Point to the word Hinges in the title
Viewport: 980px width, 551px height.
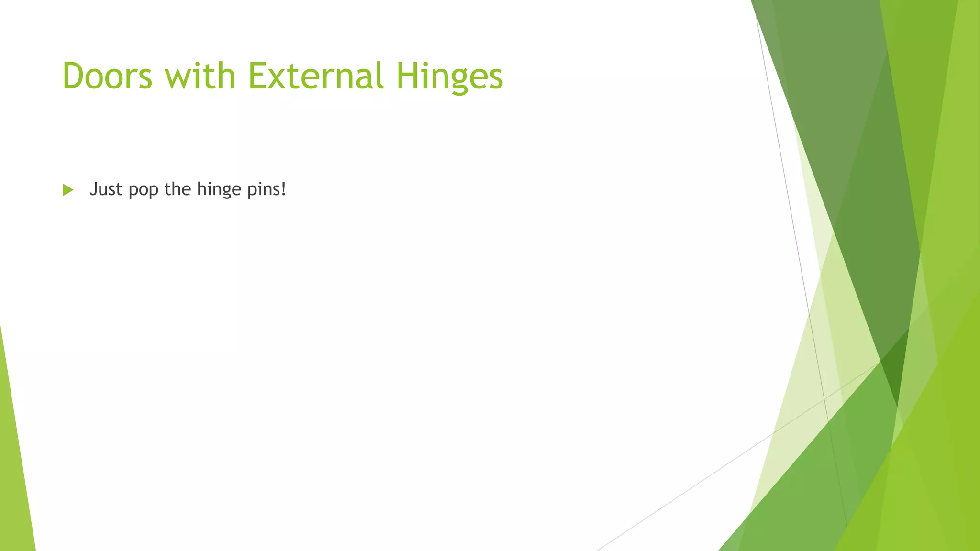click(x=450, y=77)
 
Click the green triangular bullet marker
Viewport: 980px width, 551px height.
click(x=68, y=190)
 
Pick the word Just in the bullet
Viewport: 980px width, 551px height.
click(x=106, y=189)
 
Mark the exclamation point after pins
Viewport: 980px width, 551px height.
click(x=284, y=189)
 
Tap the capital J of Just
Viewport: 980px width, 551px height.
click(x=93, y=189)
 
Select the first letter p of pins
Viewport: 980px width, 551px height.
click(x=251, y=191)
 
